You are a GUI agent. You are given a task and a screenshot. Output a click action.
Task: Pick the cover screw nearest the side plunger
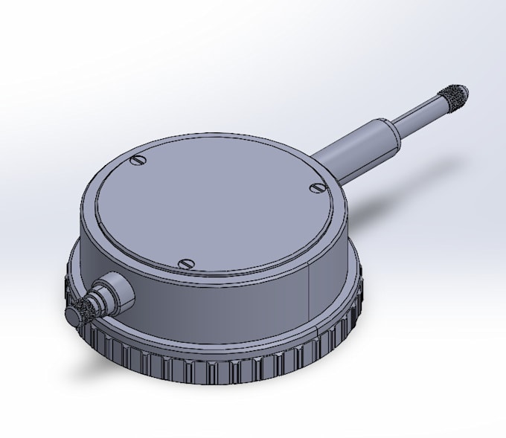(x=187, y=263)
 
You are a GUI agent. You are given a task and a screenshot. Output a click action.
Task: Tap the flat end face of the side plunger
(x=72, y=315)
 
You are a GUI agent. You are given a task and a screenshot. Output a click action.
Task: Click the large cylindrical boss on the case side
(x=115, y=292)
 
